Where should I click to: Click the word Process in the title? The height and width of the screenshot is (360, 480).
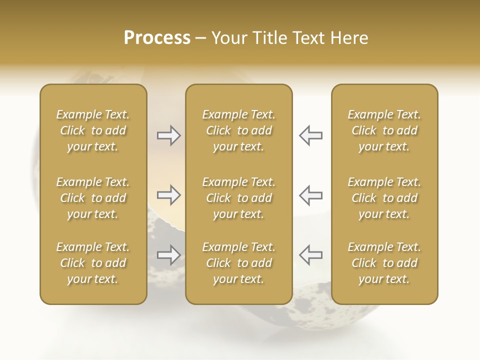click(157, 38)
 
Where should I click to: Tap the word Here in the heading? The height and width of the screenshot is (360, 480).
click(349, 38)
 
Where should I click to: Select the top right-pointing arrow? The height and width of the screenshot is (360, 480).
click(168, 135)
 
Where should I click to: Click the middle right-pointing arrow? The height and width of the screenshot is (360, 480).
click(168, 195)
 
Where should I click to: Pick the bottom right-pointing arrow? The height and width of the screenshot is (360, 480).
click(168, 255)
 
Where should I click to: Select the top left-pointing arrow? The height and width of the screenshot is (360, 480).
click(311, 135)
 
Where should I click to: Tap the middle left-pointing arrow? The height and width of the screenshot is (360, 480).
click(311, 195)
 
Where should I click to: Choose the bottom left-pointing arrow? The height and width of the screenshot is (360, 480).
click(311, 255)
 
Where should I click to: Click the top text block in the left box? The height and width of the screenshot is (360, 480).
click(93, 130)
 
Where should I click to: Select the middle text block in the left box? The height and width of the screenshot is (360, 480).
click(93, 198)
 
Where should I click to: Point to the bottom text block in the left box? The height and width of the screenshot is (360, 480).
click(93, 263)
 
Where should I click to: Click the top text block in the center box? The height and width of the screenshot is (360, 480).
click(238, 130)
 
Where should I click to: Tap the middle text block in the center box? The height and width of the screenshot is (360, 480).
click(238, 198)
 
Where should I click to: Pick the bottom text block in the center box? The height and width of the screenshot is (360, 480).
click(238, 263)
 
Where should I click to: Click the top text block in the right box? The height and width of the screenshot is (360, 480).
click(384, 130)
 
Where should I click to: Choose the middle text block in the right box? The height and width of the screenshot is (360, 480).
click(384, 198)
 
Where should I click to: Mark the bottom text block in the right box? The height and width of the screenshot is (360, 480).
click(384, 263)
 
